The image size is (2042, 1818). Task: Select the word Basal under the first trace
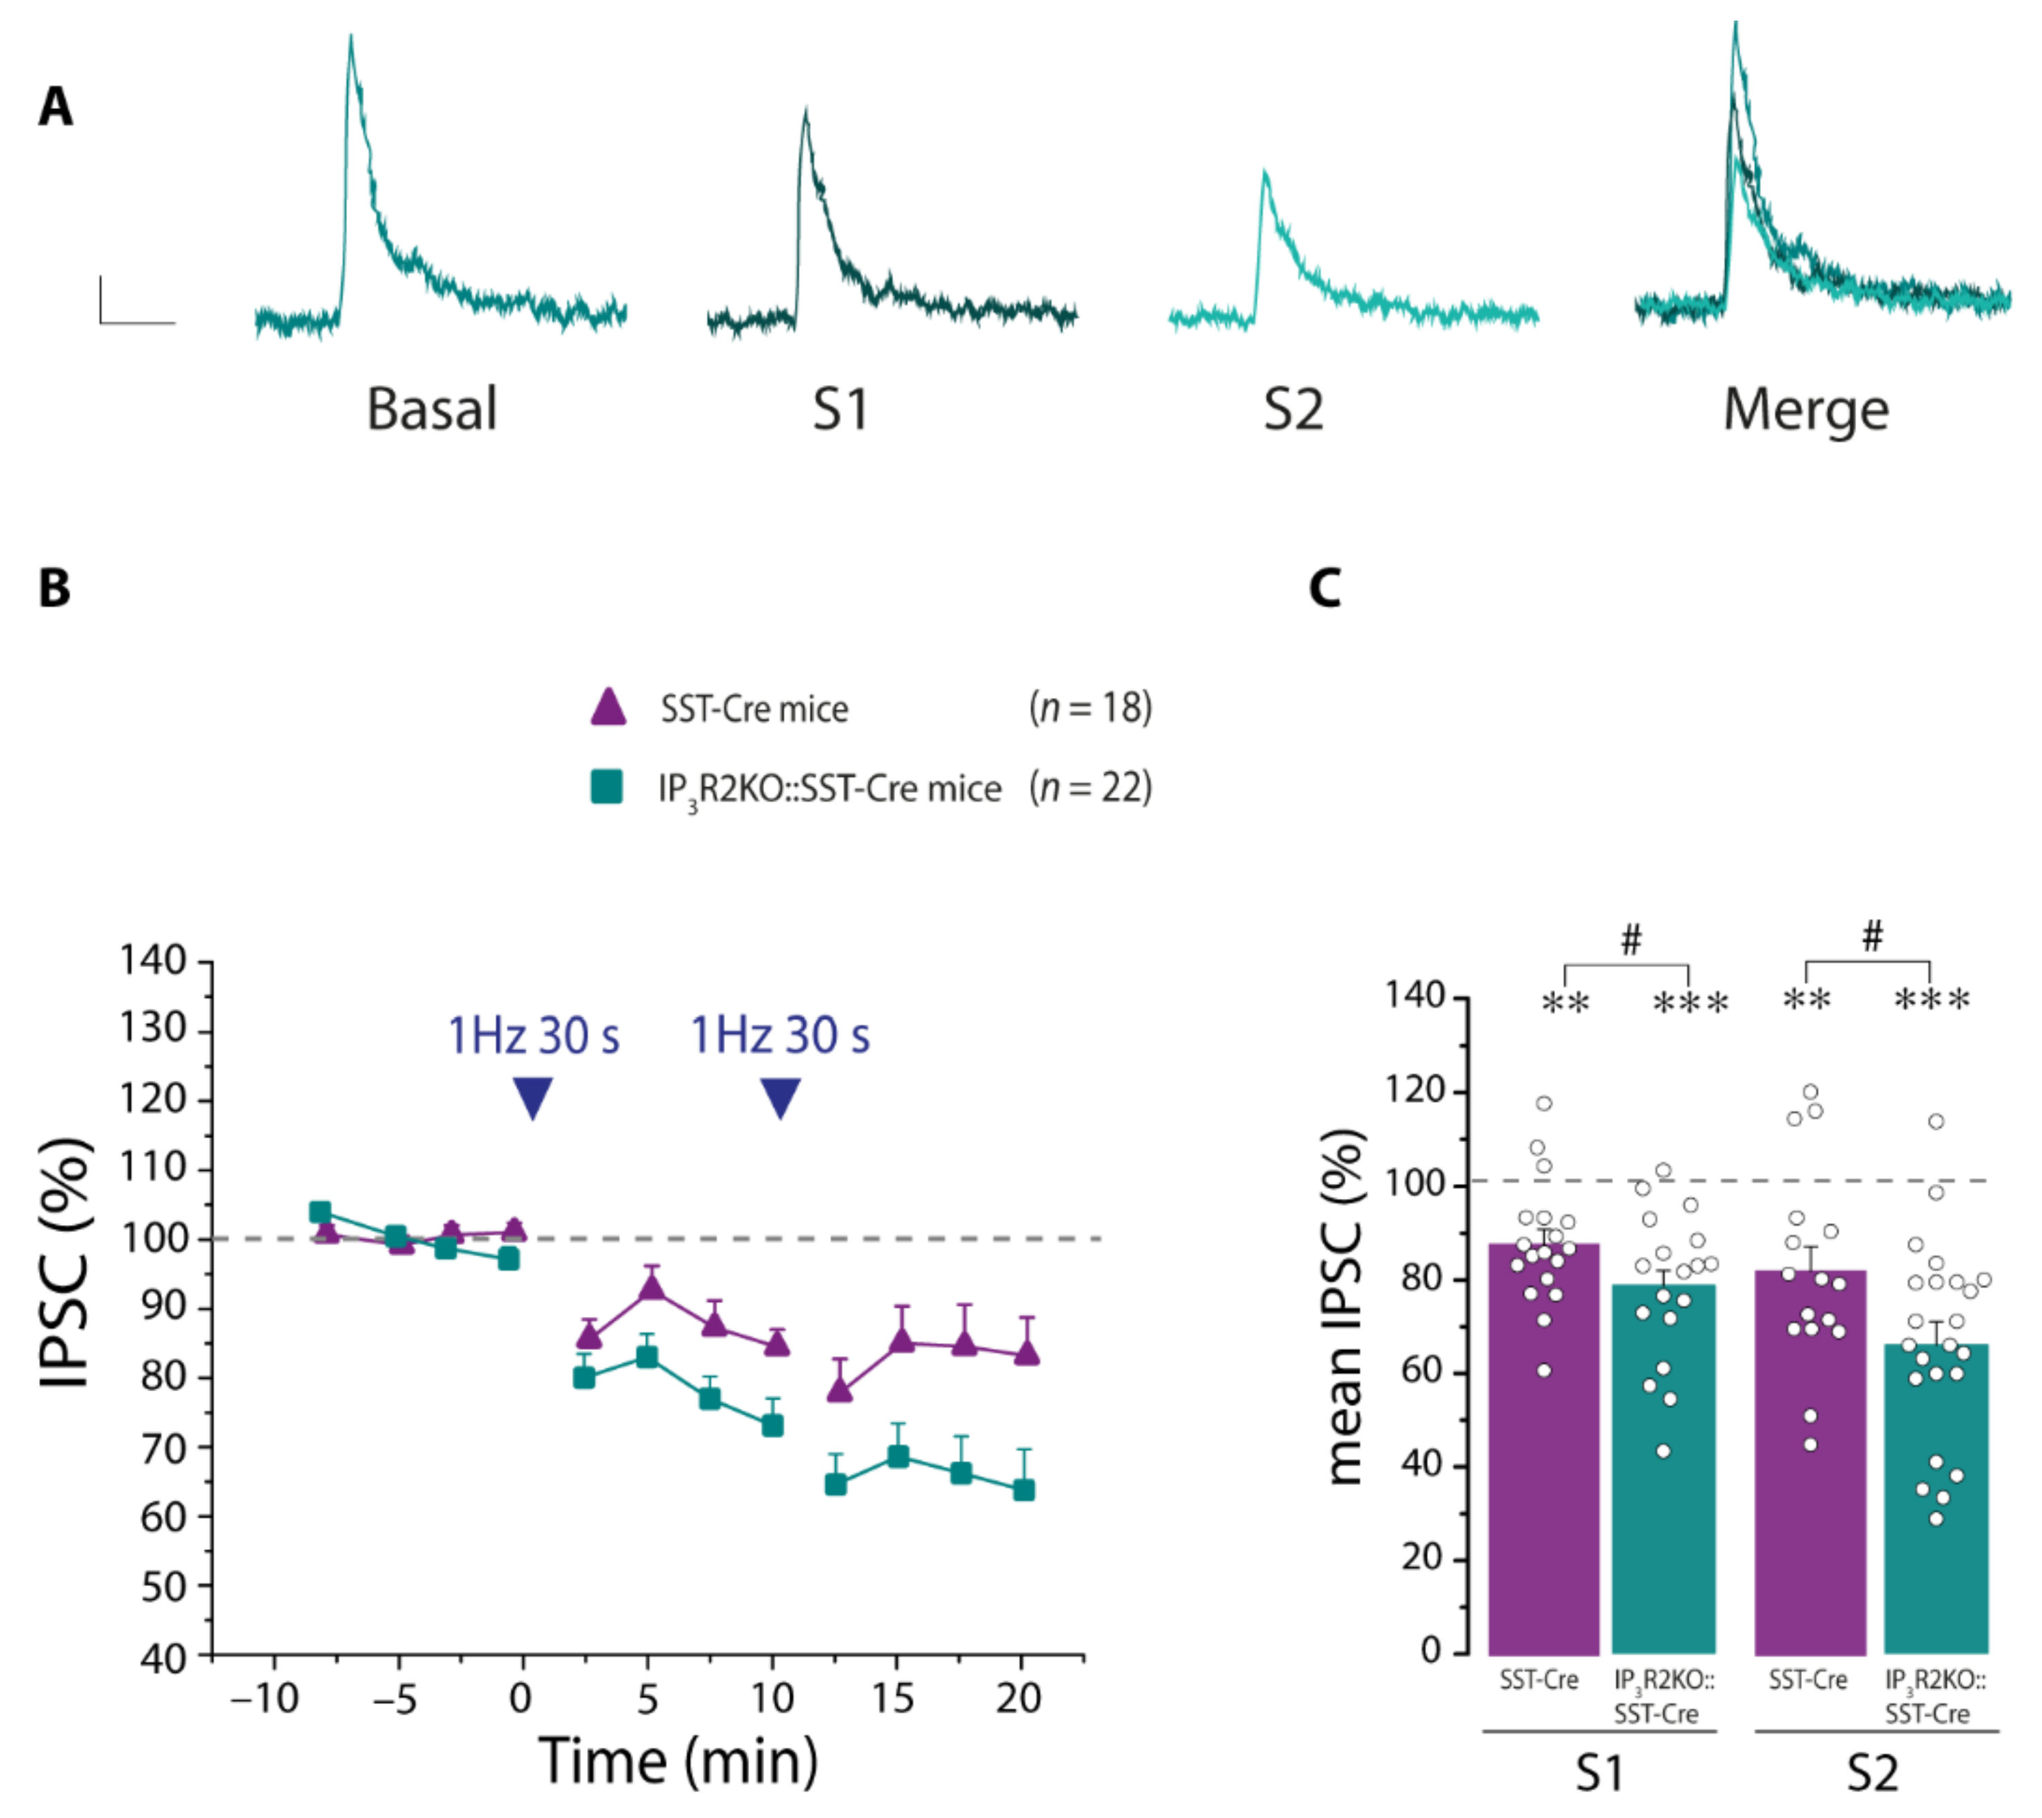pos(431,409)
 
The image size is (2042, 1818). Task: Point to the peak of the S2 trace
pos(1265,172)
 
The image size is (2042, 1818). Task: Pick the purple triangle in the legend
pos(608,707)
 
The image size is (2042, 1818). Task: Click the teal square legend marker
pos(606,786)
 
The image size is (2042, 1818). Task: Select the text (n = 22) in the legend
pos(1091,788)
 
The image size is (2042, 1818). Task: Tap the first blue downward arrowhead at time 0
pos(532,1098)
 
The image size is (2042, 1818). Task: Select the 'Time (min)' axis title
pos(678,1761)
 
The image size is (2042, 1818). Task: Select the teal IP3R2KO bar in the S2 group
pos(1936,1499)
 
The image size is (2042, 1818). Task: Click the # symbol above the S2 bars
pos(1872,937)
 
